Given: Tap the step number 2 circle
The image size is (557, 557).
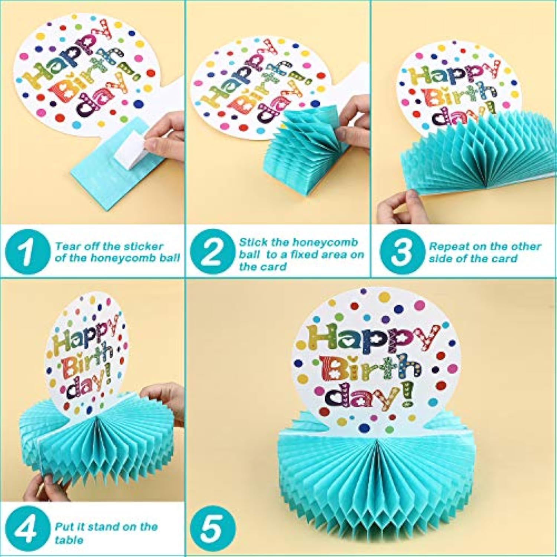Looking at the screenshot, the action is [212, 252].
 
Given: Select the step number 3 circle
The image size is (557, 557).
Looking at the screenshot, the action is [401, 252].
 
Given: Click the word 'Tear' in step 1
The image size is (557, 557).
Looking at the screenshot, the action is [67, 246].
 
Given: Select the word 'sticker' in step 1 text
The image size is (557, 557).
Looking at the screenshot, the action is [144, 246].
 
